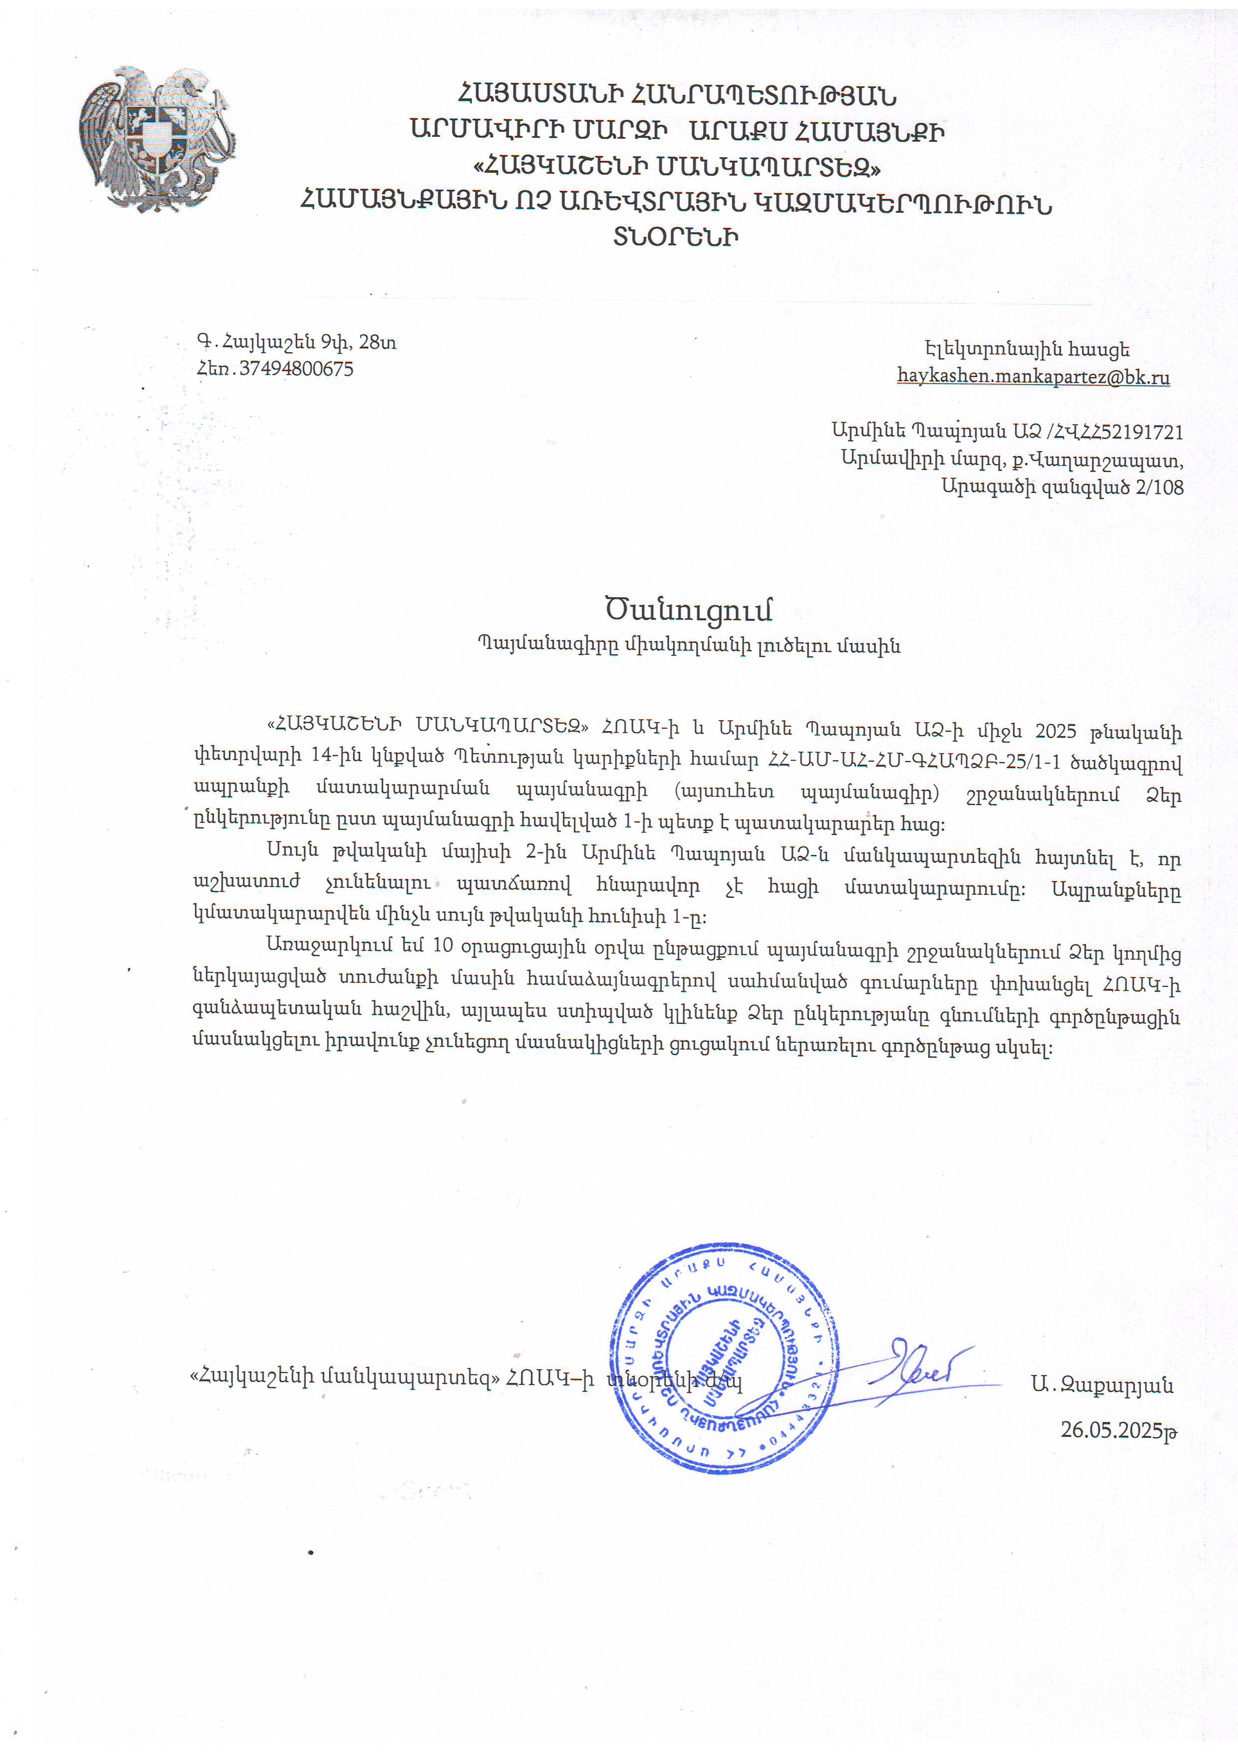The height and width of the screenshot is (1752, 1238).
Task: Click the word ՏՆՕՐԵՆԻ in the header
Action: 676,237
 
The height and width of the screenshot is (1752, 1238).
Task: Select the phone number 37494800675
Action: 296,369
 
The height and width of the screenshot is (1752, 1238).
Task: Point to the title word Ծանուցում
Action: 689,610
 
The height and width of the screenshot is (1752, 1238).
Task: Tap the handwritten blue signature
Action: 916,1373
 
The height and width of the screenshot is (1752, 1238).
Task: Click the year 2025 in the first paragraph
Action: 1056,731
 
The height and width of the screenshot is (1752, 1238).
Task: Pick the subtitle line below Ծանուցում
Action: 689,646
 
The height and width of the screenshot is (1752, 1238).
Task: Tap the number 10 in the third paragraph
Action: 442,945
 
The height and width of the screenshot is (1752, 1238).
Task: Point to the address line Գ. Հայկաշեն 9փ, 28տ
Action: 297,342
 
